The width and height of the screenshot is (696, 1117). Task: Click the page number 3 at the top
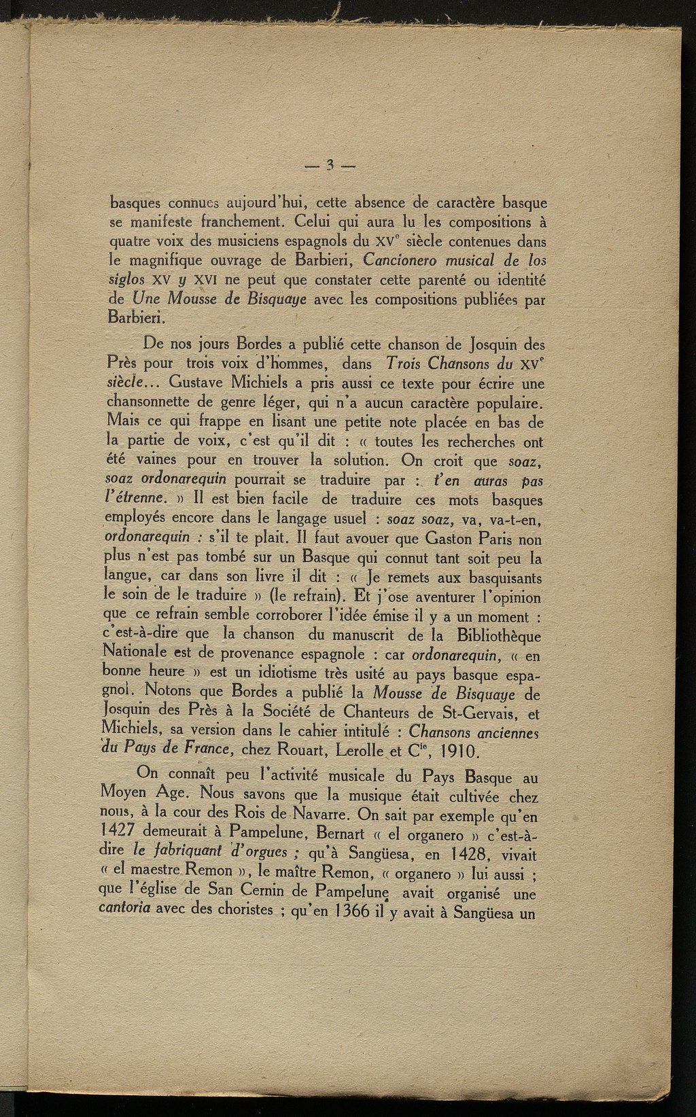pyautogui.click(x=330, y=164)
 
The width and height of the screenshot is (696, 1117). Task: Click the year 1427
pyautogui.click(x=129, y=831)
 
